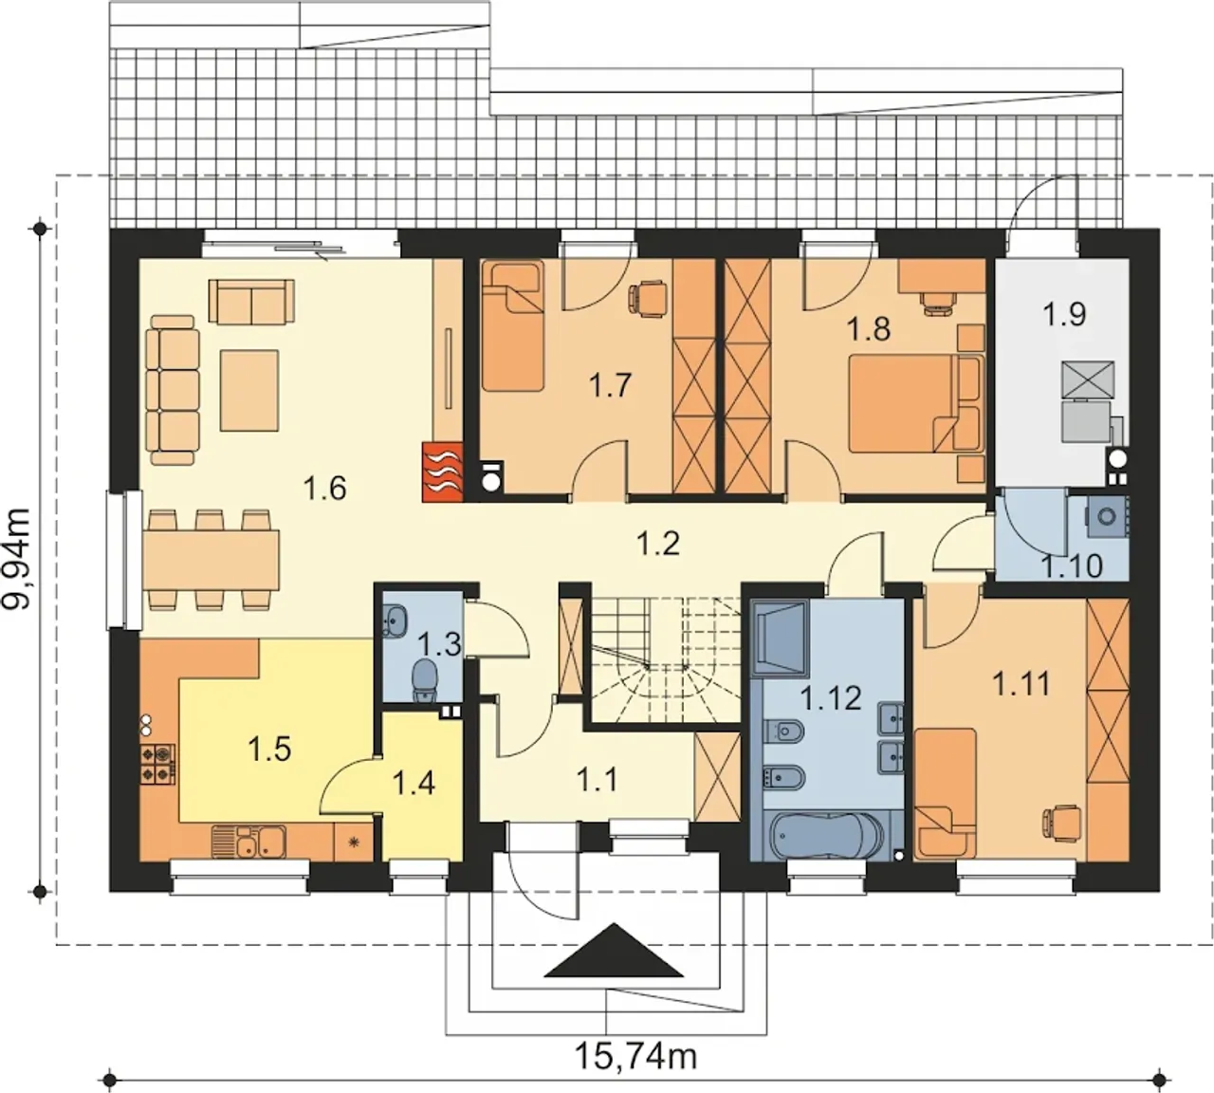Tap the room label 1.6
(325, 488)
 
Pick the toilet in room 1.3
(424, 680)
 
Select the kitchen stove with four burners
(158, 764)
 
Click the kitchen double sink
(248, 842)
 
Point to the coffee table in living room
(249, 389)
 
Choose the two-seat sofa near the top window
(251, 301)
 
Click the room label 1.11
(1021, 685)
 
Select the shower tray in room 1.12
(780, 638)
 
